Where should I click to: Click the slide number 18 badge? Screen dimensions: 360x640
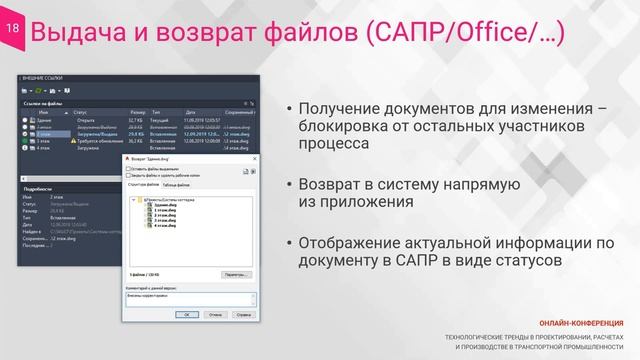coord(13,31)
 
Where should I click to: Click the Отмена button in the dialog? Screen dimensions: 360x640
coord(216,312)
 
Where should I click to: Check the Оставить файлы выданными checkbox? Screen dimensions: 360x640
coord(128,169)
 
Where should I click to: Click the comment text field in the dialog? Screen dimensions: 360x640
coord(187,298)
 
